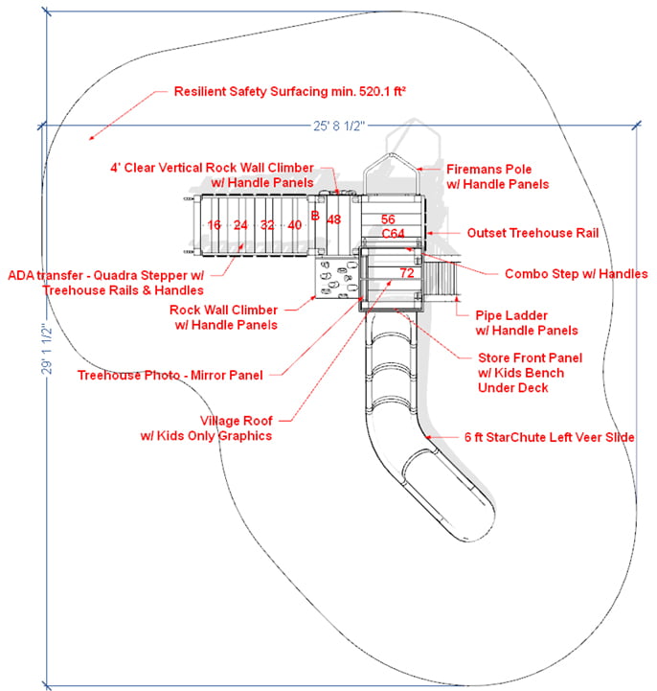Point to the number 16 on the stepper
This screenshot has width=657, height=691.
tap(214, 225)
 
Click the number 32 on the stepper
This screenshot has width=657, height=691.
tap(267, 225)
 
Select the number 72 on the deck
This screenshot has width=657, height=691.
tap(406, 273)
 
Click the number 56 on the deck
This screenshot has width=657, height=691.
tap(388, 219)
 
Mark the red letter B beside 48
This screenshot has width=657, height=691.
tap(314, 217)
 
